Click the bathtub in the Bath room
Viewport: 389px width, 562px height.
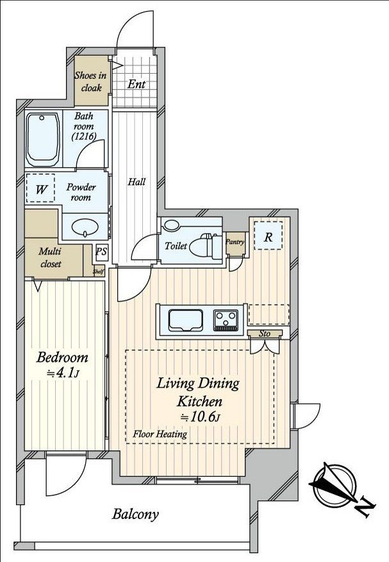pos(43,140)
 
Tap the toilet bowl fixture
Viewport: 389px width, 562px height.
pos(206,245)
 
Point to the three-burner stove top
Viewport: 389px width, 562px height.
pos(226,319)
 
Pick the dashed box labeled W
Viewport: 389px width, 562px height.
pos(40,189)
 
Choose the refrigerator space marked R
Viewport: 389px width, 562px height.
pos(268,235)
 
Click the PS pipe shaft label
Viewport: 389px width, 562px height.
pos(101,251)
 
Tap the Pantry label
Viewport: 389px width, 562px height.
pos(235,242)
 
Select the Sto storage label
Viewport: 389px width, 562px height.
pos(265,334)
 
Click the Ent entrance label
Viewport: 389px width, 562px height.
pos(137,84)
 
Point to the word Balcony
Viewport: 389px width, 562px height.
pos(135,515)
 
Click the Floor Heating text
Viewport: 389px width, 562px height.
pos(160,434)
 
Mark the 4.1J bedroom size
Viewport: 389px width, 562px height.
pos(63,373)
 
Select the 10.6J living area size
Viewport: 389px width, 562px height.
pos(200,417)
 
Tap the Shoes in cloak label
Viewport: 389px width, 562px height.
pos(90,81)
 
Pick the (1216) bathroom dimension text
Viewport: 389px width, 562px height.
pos(84,136)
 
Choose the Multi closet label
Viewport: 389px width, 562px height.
pos(51,258)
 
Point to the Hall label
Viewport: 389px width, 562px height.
pos(137,182)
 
